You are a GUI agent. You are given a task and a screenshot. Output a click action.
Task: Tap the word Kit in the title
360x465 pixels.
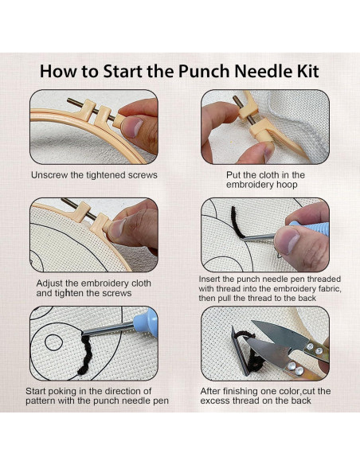pyautogui.click(x=303, y=71)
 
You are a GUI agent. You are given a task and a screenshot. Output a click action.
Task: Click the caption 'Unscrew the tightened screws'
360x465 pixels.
pyautogui.click(x=94, y=174)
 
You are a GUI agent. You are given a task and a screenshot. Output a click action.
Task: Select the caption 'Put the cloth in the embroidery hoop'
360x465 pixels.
pyautogui.click(x=265, y=180)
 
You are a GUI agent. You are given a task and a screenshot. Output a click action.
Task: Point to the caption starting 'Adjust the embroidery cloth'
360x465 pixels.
pyautogui.click(x=94, y=288)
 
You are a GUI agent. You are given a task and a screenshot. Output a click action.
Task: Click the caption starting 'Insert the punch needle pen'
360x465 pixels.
pyautogui.click(x=266, y=288)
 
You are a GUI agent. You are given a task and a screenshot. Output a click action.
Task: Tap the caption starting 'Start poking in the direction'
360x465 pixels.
pyautogui.click(x=94, y=396)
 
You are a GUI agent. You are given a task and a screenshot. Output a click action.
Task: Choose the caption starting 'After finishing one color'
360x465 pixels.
pyautogui.click(x=266, y=396)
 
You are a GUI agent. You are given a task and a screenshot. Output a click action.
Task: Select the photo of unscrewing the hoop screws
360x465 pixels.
pyautogui.click(x=94, y=127)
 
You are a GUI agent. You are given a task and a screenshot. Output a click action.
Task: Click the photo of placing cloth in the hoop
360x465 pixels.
pyautogui.click(x=265, y=127)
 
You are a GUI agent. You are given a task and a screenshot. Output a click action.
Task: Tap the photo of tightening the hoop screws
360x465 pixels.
pyautogui.click(x=94, y=235)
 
